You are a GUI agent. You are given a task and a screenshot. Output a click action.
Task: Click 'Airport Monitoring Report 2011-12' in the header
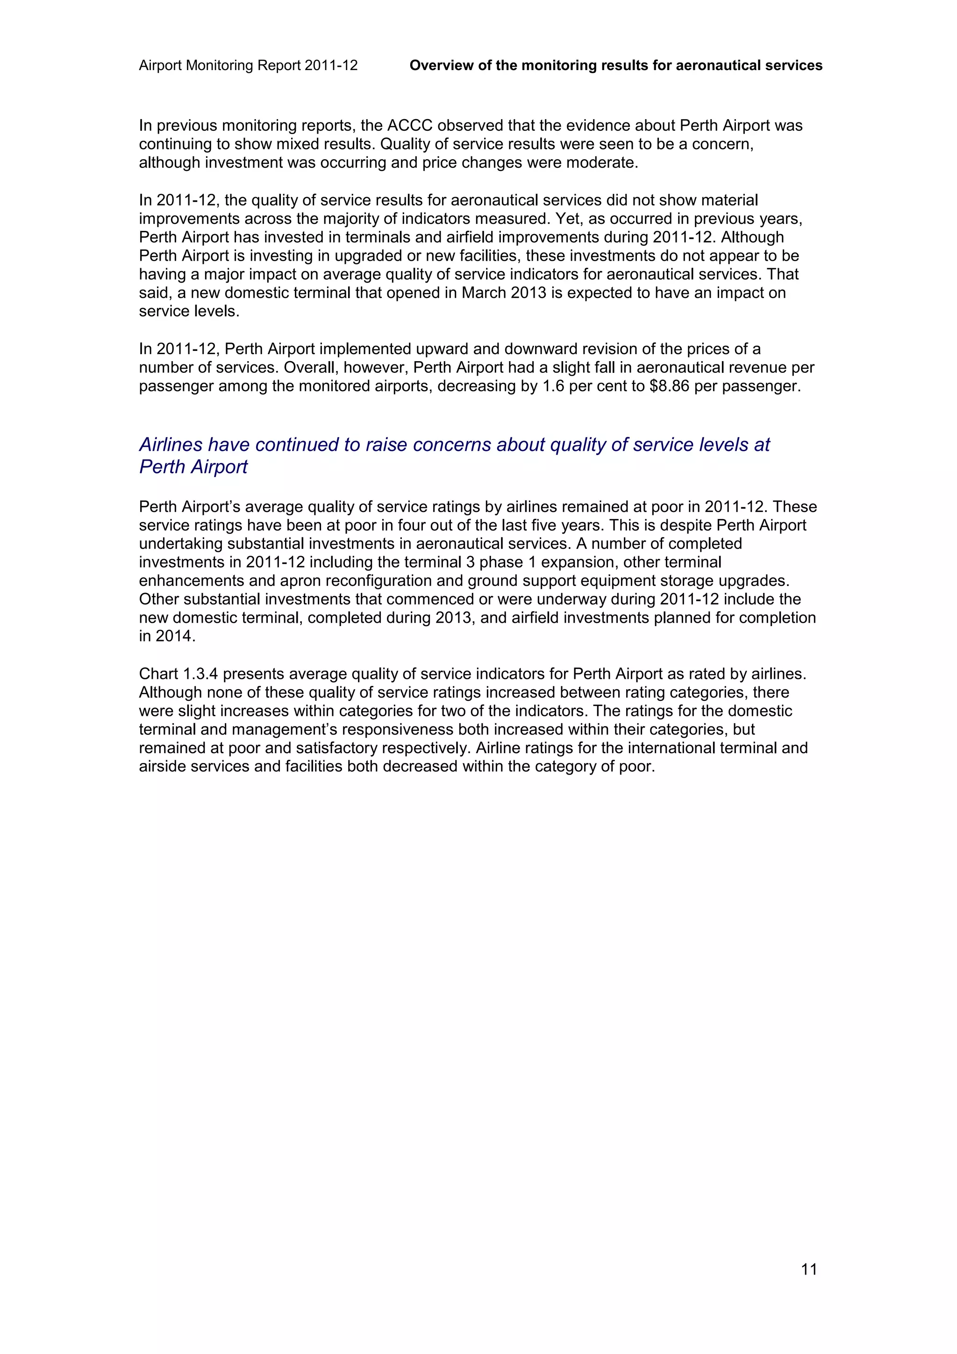click(248, 65)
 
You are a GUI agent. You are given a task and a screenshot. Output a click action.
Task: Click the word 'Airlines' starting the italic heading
click(171, 445)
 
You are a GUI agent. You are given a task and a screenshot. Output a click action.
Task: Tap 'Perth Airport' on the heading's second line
click(193, 467)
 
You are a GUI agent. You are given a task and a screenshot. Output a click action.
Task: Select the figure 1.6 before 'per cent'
click(554, 386)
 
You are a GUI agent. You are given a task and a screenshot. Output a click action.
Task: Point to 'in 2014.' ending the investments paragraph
click(167, 636)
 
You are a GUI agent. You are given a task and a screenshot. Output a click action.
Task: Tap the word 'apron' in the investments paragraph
click(301, 581)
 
